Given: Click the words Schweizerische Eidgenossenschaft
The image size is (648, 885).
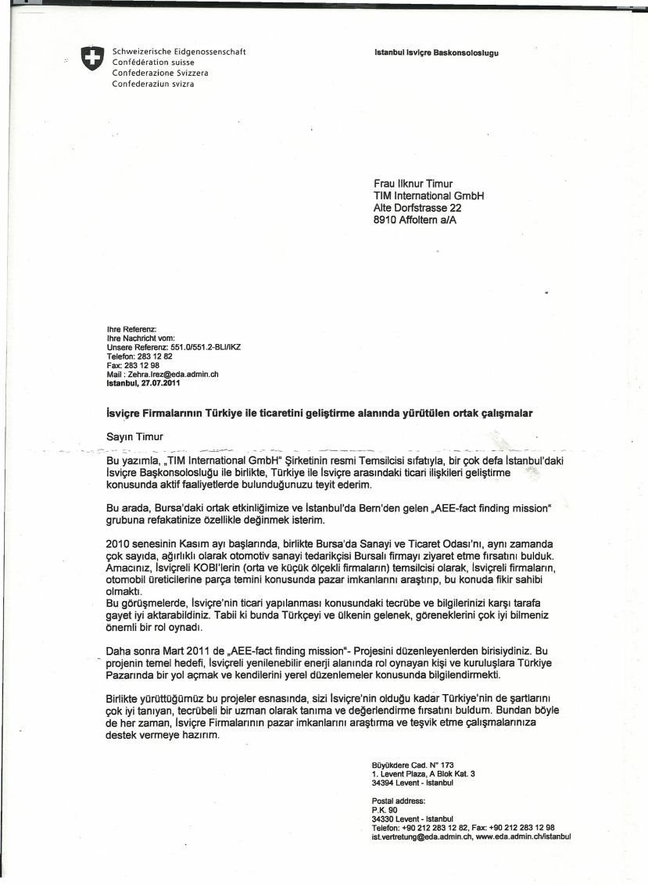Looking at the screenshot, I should pyautogui.click(x=179, y=52).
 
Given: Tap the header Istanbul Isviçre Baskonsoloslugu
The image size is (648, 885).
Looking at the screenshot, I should pyautogui.click(x=436, y=53).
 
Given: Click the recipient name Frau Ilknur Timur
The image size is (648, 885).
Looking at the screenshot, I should pyautogui.click(x=413, y=185).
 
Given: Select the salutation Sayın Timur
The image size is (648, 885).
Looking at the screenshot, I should pyautogui.click(x=134, y=438).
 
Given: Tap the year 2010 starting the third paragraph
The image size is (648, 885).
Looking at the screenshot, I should pyautogui.click(x=118, y=542).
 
